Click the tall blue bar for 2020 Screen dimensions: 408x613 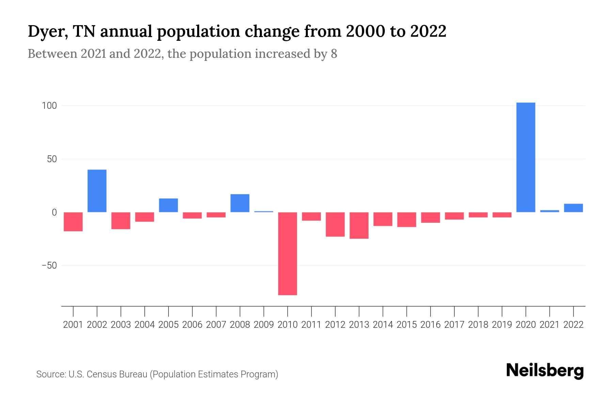pos(525,157)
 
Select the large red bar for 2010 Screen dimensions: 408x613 pos(287,253)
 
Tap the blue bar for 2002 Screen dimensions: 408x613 pos(97,191)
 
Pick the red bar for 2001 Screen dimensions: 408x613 pos(73,222)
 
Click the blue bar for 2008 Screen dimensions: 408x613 pos(240,203)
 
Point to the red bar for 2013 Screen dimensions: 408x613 pos(359,225)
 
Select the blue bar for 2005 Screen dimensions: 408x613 pos(168,205)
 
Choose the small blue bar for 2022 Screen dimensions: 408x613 pos(573,208)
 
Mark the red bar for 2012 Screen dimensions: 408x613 pos(335,224)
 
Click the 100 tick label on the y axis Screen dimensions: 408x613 pos(49,106)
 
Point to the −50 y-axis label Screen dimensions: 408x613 pos(49,266)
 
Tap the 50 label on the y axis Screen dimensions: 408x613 pos(52,159)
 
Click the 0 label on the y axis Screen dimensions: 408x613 pos(54,213)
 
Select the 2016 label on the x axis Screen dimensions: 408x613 pos(430,325)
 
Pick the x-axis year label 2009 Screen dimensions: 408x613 pos(264,325)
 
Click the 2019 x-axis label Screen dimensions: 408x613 pos(502,325)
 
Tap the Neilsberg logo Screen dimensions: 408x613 pos(545,371)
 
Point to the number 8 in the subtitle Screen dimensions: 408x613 pos(334,54)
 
